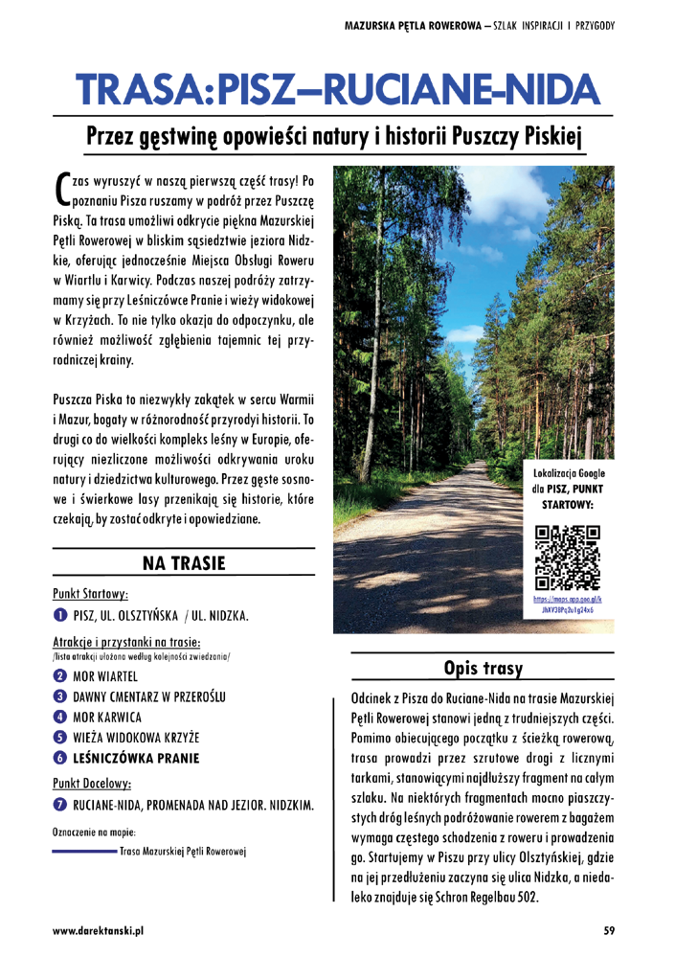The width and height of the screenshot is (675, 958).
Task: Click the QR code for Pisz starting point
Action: tap(568, 557)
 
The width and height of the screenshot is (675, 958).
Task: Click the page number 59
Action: tap(610, 929)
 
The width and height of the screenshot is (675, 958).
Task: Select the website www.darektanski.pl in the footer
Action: tap(98, 929)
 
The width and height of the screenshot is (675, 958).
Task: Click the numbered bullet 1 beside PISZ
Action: tap(59, 614)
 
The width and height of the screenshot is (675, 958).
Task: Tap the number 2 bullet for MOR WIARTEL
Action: tap(59, 676)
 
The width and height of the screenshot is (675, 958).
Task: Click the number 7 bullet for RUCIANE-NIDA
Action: tap(59, 806)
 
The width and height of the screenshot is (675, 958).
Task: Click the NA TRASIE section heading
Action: tap(183, 563)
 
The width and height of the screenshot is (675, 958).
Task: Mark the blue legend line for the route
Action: tap(83, 851)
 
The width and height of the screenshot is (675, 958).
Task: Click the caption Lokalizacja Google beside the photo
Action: tap(568, 474)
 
